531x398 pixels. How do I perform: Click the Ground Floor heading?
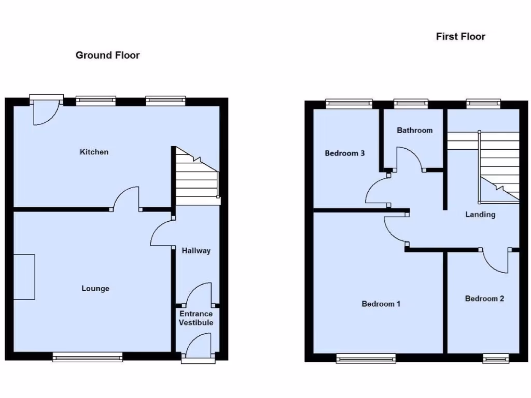pos(107,55)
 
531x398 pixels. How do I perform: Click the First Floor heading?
pos(460,36)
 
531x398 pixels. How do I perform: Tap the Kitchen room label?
pos(94,152)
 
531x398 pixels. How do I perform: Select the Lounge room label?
pos(95,288)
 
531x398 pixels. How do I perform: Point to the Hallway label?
pos(196,251)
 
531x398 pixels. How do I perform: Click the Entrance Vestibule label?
pos(196,318)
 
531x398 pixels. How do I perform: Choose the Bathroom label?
pos(414,130)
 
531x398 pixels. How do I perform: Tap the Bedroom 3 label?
pos(345,153)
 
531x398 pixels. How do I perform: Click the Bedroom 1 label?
pos(381,304)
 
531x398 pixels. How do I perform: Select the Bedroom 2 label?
pos(484,298)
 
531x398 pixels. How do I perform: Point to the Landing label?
pos(480,215)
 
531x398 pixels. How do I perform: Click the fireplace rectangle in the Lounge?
pos(24,277)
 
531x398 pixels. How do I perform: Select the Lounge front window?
pos(88,357)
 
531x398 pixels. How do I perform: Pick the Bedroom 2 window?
pos(495,358)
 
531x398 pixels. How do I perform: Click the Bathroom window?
pos(411,104)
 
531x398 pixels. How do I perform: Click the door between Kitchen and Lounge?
pos(126,200)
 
